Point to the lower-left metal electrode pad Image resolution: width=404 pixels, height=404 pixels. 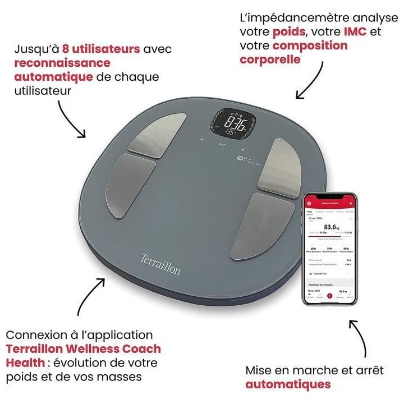[x=132, y=186]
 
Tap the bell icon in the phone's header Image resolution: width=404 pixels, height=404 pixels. [x=351, y=203]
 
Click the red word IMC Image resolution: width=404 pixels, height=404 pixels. [x=355, y=32]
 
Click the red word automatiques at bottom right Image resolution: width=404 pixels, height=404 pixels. [x=288, y=384]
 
